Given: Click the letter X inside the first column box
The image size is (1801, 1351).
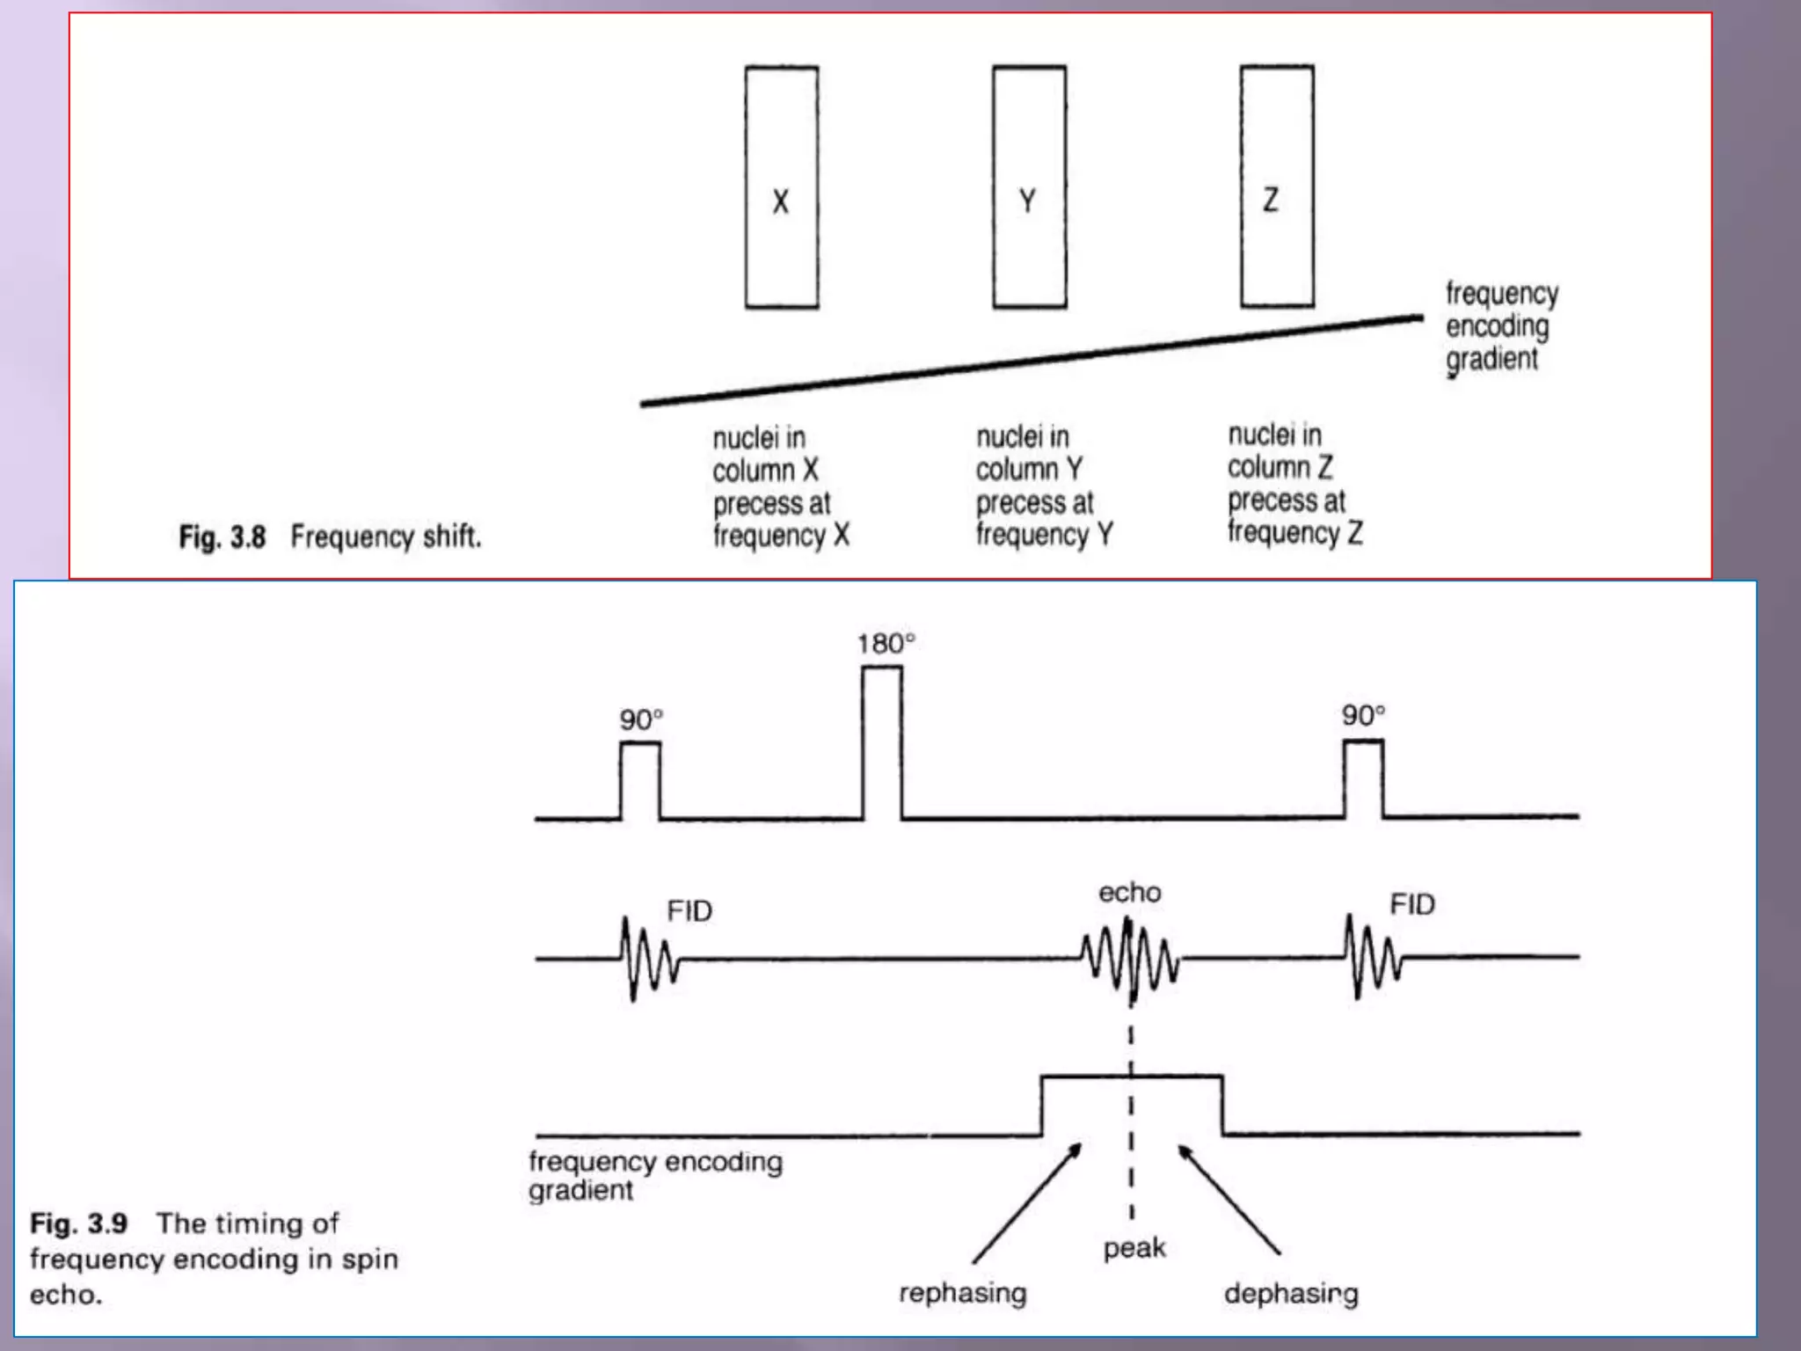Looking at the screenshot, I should pos(780,201).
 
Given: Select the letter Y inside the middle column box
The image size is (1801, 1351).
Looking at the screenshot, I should pos(1027,201).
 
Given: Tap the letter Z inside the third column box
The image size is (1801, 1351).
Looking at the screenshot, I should pos(1271,200).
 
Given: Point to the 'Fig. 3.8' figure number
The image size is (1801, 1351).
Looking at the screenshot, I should pos(222,537).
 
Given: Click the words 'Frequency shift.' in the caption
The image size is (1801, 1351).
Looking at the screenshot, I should pos(386,537).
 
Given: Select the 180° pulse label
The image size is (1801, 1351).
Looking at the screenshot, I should pos(886,644).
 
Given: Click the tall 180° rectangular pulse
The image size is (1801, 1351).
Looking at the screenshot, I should pos(881,743).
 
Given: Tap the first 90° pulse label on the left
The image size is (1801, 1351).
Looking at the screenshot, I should pos(641,719).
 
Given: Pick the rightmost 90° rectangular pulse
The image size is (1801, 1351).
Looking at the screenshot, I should pos(1363,779).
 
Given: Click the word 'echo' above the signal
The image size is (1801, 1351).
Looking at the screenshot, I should pos(1129,893).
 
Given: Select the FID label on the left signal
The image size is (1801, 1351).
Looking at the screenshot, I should pos(689,911).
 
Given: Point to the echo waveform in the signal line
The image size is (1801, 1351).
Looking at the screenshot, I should pos(1130,959).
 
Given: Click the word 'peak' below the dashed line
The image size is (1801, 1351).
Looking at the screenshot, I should pos(1134,1248).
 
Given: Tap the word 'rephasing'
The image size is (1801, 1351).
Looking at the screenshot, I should pos(963,1293).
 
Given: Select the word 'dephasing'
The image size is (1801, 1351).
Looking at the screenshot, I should pos(1291,1294).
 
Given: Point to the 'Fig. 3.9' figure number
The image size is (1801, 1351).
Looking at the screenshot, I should pos(79,1223).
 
